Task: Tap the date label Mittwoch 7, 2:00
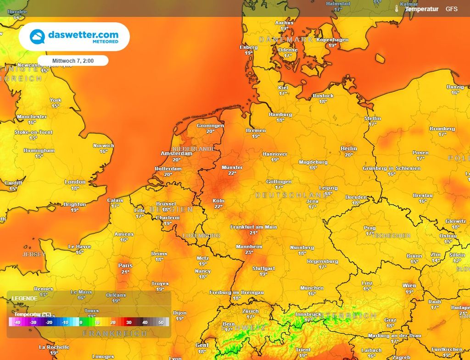(x=73, y=61)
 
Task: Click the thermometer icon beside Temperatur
(x=397, y=9)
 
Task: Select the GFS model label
(x=451, y=9)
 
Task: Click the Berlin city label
(x=349, y=149)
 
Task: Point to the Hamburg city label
(x=280, y=114)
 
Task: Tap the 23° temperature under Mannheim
(x=249, y=252)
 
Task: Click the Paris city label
(x=125, y=266)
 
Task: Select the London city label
(x=75, y=182)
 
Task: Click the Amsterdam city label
(x=176, y=154)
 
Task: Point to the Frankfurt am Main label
(x=253, y=227)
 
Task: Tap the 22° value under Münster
(x=232, y=173)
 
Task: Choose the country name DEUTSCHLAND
(x=285, y=195)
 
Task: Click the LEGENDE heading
(x=24, y=298)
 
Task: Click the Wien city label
(x=409, y=286)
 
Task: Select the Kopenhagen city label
(x=332, y=40)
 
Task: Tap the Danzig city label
(x=455, y=87)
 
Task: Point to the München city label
(x=312, y=288)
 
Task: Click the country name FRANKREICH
(x=114, y=333)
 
